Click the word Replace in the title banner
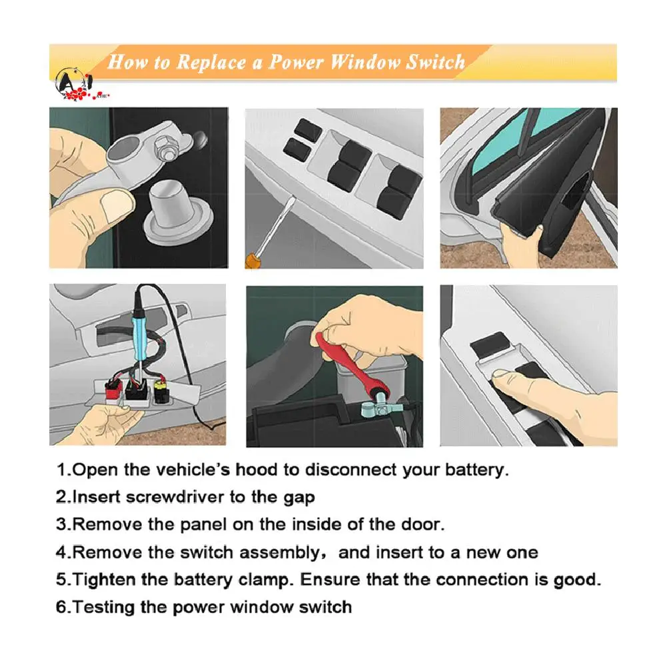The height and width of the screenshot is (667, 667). click(x=211, y=63)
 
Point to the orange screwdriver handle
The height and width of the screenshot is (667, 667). click(x=253, y=261)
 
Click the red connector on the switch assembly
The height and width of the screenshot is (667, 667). click(x=113, y=388)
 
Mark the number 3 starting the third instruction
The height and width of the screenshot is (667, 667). click(x=61, y=524)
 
